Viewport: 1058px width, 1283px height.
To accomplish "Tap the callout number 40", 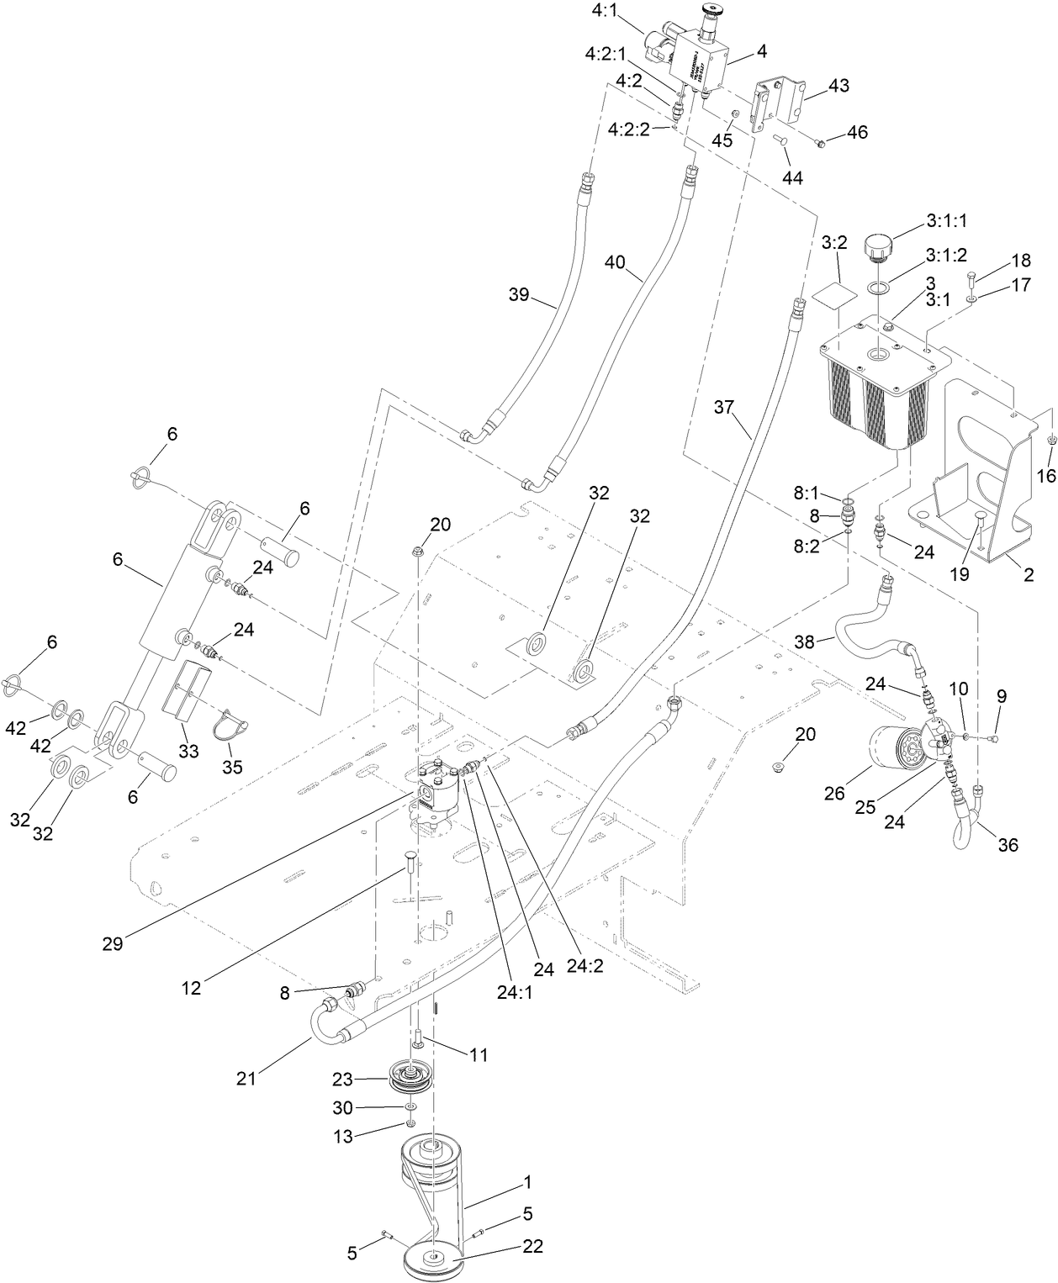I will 615,261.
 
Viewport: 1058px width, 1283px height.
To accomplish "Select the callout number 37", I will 724,408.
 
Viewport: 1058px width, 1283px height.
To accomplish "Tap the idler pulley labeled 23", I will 410,1078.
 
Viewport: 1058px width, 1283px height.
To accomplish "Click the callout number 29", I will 113,942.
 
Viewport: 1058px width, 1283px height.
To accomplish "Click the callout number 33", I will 188,751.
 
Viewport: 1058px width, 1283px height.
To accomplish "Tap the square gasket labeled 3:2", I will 833,297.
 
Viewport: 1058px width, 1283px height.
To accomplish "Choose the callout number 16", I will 1045,476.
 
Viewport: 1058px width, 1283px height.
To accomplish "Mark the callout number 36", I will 1007,844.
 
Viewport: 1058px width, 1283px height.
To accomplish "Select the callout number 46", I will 857,132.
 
